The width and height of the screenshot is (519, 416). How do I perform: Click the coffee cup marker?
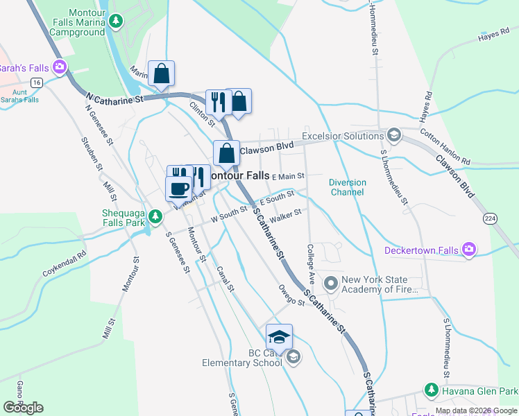[178, 188]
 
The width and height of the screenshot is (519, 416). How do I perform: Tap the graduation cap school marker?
[279, 337]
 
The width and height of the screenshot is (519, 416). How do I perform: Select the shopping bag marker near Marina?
[161, 73]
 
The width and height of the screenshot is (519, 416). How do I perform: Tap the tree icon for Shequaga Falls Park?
[157, 216]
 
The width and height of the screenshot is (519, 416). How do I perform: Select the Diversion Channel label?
[348, 187]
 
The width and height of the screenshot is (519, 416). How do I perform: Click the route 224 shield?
[491, 218]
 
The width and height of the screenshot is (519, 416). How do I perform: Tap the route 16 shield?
[36, 82]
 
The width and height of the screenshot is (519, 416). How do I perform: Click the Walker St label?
[287, 218]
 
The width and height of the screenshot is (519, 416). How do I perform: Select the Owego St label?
[291, 294]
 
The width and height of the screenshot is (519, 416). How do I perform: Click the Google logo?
[23, 408]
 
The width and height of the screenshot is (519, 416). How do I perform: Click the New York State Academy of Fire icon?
[330, 283]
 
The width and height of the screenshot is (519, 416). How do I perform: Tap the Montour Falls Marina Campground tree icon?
[117, 22]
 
